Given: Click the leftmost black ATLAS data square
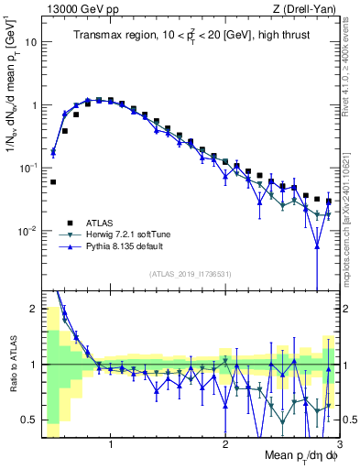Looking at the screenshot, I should tap(53, 182).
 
